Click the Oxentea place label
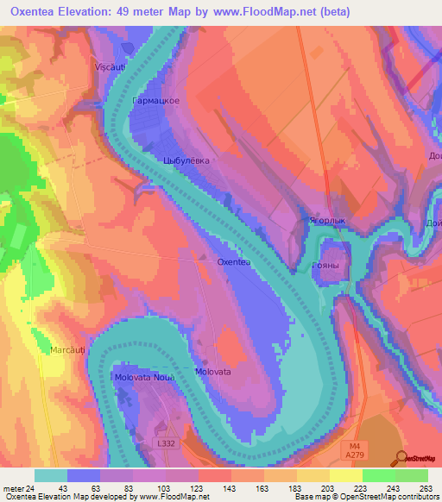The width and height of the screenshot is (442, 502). (x=232, y=260)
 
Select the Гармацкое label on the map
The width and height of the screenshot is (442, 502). (x=155, y=101)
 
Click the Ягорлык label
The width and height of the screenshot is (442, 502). (x=328, y=221)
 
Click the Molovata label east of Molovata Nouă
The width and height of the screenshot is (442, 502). (x=212, y=371)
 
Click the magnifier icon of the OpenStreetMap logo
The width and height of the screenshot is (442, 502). (x=401, y=458)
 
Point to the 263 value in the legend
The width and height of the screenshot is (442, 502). (x=426, y=487)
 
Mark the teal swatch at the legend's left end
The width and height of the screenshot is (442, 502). (x=50, y=475)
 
